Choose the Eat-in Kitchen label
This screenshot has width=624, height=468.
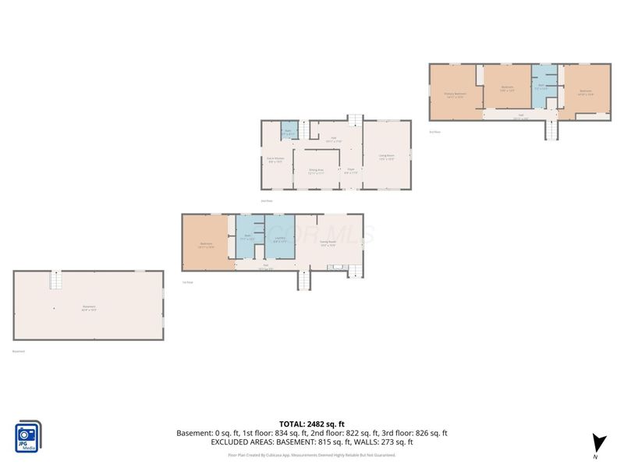(x=275, y=159)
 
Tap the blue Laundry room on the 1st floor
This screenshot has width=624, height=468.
(x=279, y=239)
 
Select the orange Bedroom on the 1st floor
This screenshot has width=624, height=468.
(x=207, y=243)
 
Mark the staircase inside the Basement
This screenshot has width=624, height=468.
(x=55, y=280)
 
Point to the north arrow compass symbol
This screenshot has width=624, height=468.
(x=597, y=442)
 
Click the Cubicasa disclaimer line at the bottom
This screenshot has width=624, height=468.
(x=312, y=455)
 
